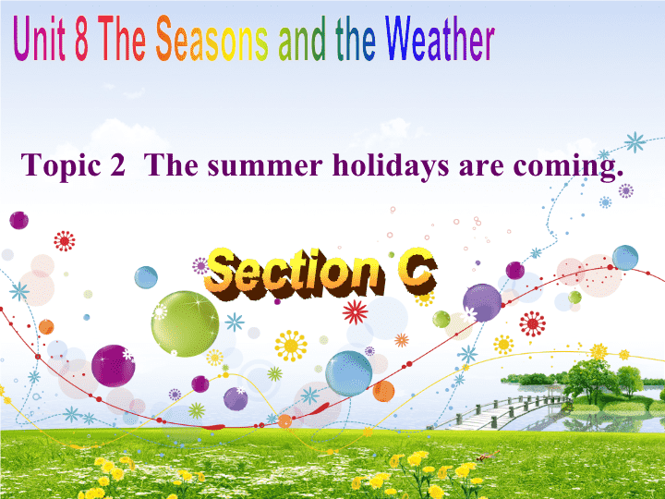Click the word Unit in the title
point(39,39)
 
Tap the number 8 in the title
point(82,39)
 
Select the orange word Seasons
point(212,39)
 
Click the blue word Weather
point(440,39)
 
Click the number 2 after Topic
point(117,164)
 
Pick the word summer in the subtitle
point(265,166)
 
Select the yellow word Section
point(295,274)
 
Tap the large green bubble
point(185,323)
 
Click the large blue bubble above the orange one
point(348,374)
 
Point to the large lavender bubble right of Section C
point(482,303)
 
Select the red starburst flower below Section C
point(355,312)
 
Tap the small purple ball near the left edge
point(18,220)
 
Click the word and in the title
point(302,40)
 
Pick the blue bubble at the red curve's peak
point(624,258)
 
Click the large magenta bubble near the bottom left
point(114,366)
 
